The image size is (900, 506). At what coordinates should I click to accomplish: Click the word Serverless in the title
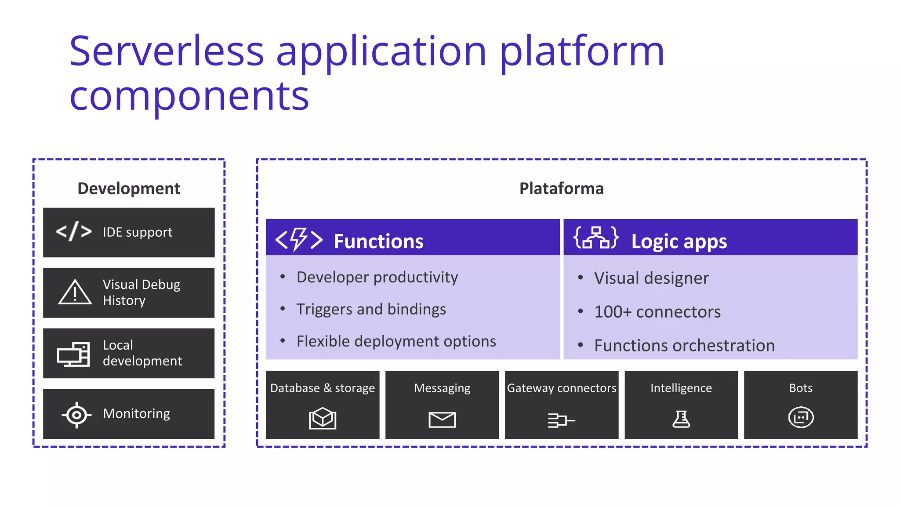click(x=166, y=51)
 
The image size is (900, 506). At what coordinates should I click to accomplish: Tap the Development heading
click(x=128, y=188)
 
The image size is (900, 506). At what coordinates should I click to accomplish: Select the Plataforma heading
click(x=561, y=188)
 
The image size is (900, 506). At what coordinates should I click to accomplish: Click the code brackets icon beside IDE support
click(x=74, y=231)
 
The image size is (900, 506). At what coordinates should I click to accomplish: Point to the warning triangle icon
click(x=75, y=293)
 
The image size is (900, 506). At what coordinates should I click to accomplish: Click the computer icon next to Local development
click(x=73, y=354)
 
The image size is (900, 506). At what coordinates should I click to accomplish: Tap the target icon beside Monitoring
click(x=76, y=414)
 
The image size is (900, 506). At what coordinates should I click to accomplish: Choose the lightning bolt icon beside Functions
click(x=299, y=240)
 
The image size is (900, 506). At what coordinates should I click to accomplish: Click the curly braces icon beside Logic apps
click(x=596, y=238)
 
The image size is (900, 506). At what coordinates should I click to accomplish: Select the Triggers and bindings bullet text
click(x=371, y=309)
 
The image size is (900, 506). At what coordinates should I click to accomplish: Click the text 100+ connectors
click(x=657, y=312)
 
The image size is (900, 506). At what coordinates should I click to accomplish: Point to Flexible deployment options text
click(x=396, y=341)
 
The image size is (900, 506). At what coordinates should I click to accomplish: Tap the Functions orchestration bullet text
click(x=684, y=346)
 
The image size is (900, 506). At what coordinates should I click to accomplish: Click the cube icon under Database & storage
click(x=322, y=418)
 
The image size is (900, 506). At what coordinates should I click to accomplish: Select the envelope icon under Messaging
click(x=442, y=419)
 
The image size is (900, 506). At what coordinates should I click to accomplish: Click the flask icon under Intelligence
click(x=681, y=419)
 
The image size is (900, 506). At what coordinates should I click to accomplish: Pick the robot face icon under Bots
click(x=801, y=417)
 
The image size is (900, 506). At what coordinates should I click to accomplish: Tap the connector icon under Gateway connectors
click(x=561, y=420)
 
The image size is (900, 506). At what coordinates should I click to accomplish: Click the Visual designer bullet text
click(x=651, y=278)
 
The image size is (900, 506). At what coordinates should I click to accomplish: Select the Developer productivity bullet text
click(x=377, y=277)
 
